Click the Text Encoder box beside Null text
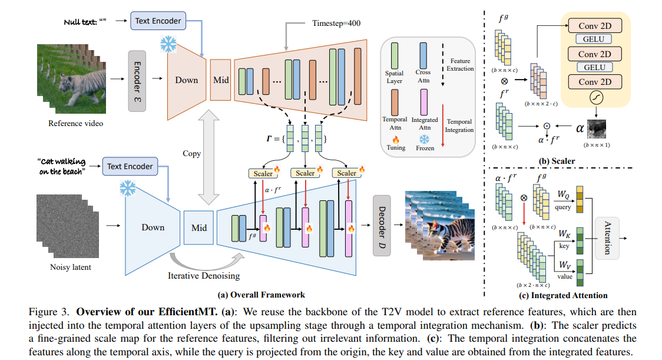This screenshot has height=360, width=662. [158, 21]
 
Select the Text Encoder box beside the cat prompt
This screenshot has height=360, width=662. [130, 166]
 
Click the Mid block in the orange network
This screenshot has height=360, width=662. [221, 79]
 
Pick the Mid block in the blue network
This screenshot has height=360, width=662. [199, 227]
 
